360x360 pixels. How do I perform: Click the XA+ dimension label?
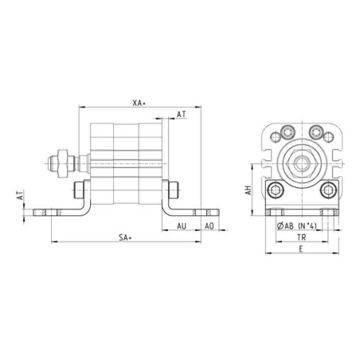[x=139, y=103]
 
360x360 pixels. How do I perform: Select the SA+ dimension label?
[x=125, y=237]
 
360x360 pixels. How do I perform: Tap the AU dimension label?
[x=182, y=226]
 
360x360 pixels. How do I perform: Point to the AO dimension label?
[x=209, y=226]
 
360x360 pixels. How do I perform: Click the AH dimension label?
[x=248, y=190]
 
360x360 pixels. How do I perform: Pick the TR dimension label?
[x=302, y=237]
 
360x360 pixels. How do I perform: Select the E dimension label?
[x=301, y=249]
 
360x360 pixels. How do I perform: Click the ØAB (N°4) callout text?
[x=296, y=226]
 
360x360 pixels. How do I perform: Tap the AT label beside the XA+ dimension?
[x=182, y=115]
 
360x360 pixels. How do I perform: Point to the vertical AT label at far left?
[x=20, y=195]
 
